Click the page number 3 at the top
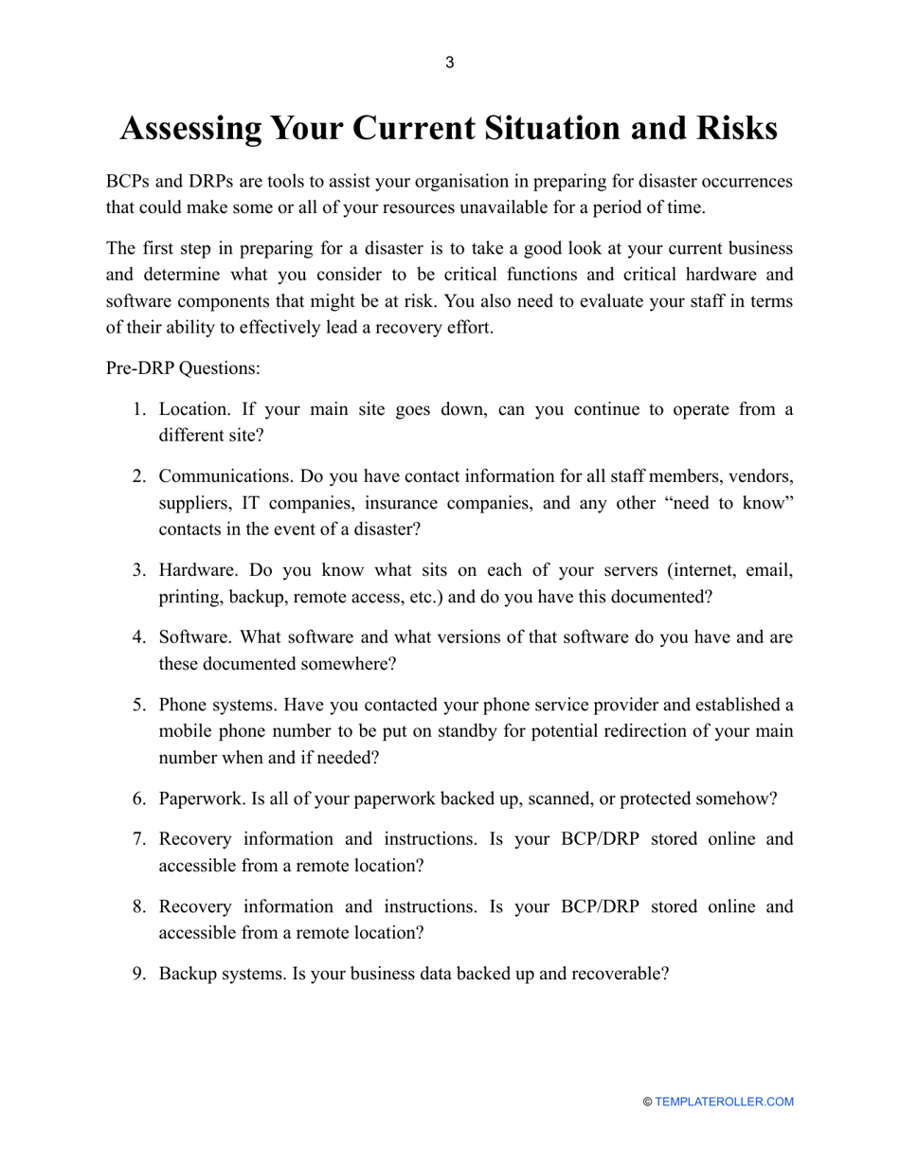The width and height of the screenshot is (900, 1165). point(449,63)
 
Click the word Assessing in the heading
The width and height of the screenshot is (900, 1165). point(189,129)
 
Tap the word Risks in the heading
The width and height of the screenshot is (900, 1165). point(729,129)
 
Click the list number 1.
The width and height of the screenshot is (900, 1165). point(138,409)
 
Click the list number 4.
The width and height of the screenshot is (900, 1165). point(138,636)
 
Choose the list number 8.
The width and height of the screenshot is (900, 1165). point(138,905)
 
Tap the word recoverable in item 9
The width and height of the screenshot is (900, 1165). point(621,973)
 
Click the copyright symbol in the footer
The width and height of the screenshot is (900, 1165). point(647,1102)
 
